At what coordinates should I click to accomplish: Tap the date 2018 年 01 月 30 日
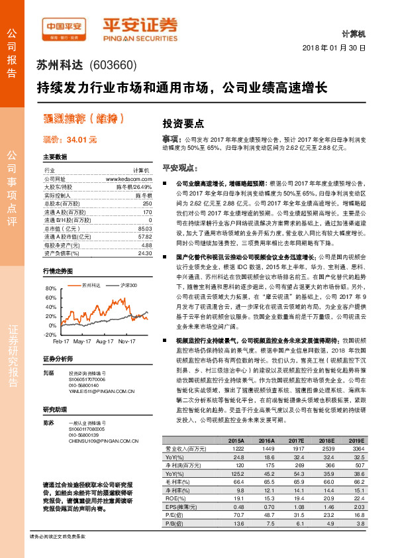[x=347, y=48]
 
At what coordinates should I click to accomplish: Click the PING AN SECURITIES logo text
[x=140, y=37]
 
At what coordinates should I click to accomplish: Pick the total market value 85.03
[x=145, y=228]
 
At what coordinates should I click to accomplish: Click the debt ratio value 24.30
[x=145, y=252]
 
